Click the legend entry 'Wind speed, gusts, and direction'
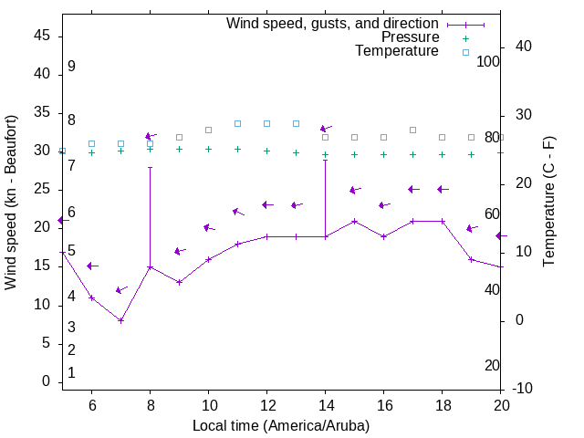(333, 23)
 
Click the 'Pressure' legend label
(410, 37)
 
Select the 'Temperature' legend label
(397, 51)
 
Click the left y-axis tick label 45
(42, 36)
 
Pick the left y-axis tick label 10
(42, 304)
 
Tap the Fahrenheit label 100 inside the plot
(488, 61)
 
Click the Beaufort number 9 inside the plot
(71, 67)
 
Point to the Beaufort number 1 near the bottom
(71, 372)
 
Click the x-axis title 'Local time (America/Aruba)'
(281, 425)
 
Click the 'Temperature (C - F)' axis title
(548, 203)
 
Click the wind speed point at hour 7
(120, 320)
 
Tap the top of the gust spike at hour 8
(150, 167)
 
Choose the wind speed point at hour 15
(354, 221)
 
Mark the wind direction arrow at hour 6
(92, 266)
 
